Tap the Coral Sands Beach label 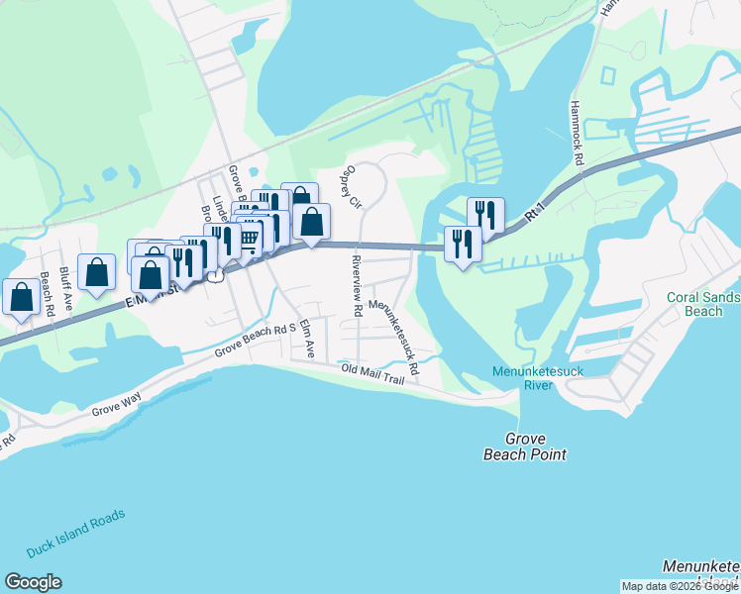[702, 304]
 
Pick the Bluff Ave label [66, 288]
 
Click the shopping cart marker [251, 236]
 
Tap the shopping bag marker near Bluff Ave [97, 272]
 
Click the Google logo [33, 582]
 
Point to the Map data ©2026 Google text [680, 586]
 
